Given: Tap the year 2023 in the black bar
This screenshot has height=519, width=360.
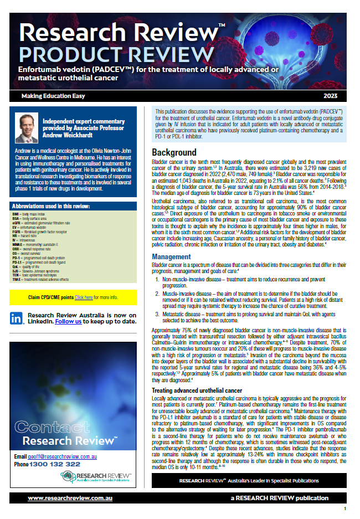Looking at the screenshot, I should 337,96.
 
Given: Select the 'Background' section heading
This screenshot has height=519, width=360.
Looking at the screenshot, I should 174,152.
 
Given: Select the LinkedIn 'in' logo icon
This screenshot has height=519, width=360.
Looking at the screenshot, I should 17,317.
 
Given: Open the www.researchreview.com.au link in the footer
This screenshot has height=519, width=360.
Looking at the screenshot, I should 70,499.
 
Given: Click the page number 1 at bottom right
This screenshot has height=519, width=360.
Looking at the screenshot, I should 345,508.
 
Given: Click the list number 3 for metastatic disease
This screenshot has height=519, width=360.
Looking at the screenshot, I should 158,314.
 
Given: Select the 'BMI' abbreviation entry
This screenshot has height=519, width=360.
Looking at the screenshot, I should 16,213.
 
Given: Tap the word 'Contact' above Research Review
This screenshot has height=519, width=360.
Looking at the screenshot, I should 46,428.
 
